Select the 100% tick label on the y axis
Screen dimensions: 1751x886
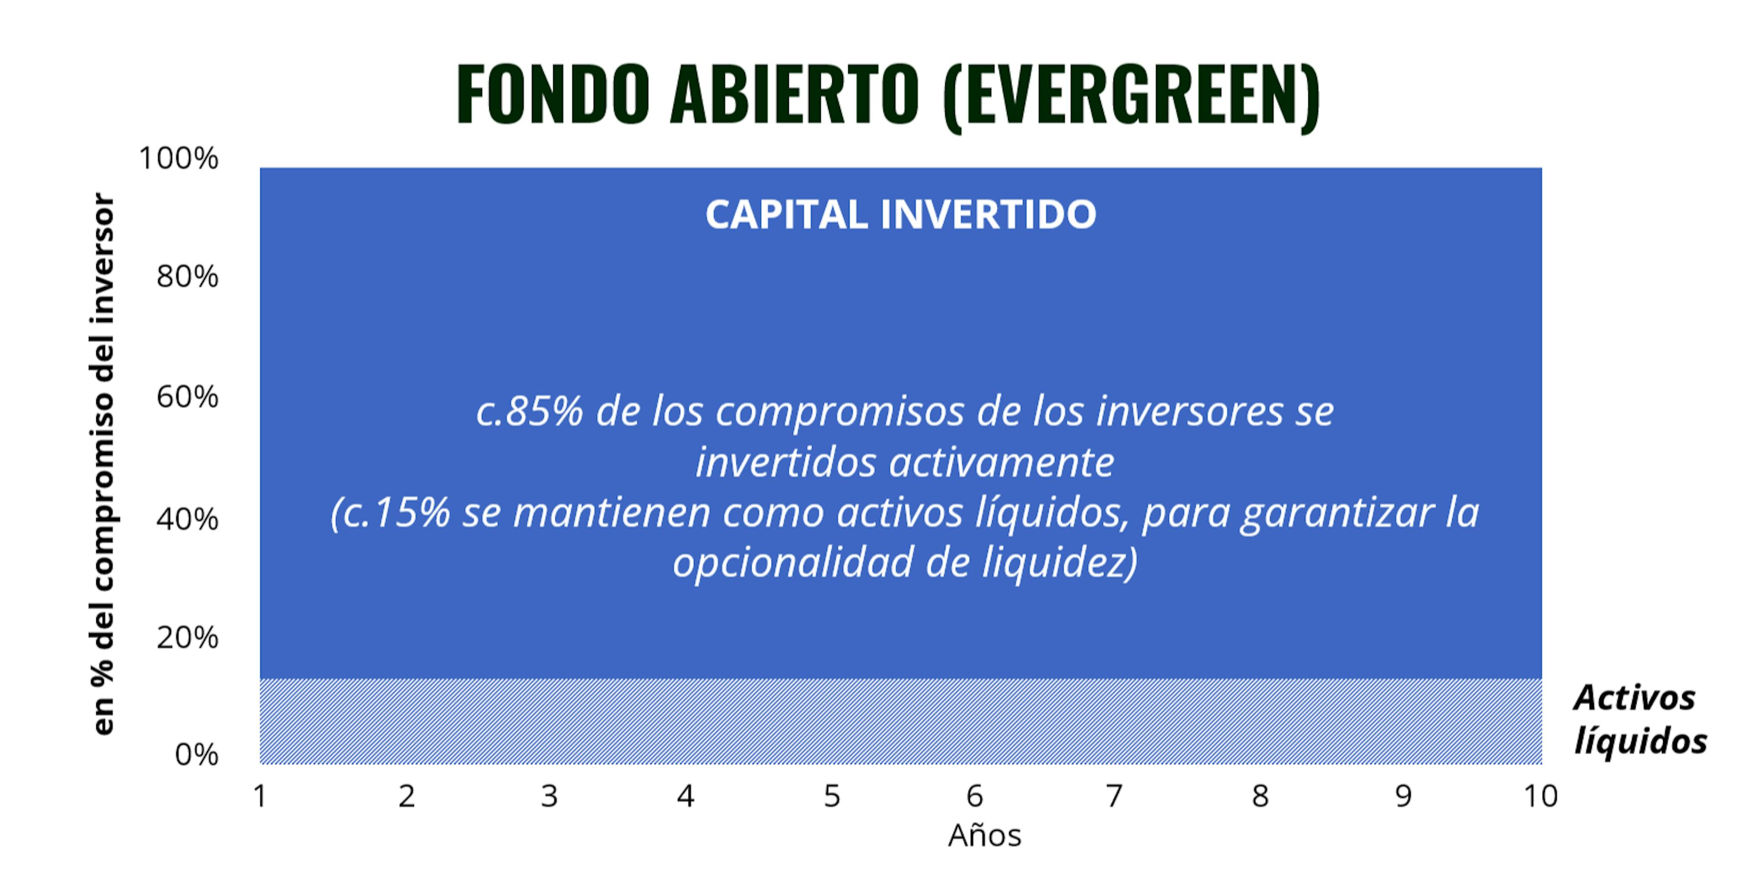(179, 158)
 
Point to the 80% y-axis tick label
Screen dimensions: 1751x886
(187, 277)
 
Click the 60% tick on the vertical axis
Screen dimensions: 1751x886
(187, 396)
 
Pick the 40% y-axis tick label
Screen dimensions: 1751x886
(187, 519)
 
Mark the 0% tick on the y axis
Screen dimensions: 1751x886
(197, 755)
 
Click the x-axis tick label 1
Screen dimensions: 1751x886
(259, 796)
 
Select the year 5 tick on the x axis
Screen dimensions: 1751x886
(832, 796)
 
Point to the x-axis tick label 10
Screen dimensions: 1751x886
(1540, 796)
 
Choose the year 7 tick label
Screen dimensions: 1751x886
(1114, 796)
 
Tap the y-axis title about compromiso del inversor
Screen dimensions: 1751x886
(104, 464)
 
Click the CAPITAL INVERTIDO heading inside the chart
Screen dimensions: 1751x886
(901, 215)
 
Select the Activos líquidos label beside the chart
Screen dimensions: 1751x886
(1640, 720)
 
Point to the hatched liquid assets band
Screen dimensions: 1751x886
(901, 721)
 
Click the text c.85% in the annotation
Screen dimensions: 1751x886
(529, 411)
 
